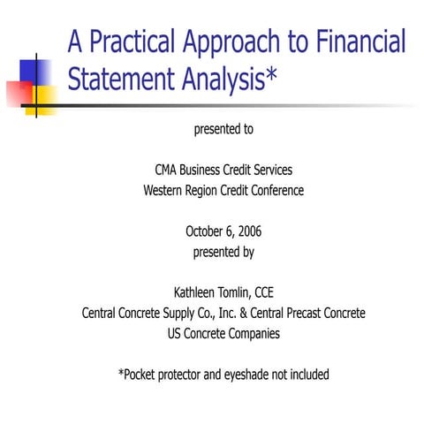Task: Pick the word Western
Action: pos(167,190)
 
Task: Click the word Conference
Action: pos(276,190)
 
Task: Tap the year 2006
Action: pos(247,231)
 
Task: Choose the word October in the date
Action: pos(205,231)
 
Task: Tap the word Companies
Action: pos(253,333)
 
